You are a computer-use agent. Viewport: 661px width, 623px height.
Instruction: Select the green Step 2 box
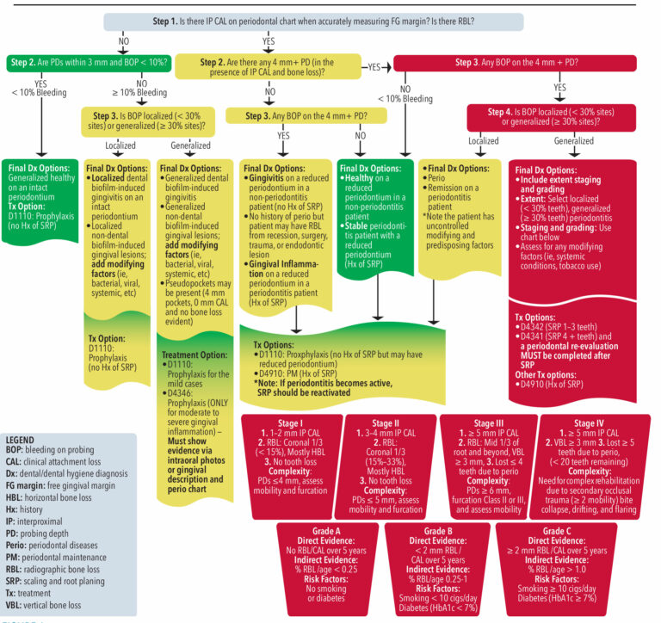tap(88, 63)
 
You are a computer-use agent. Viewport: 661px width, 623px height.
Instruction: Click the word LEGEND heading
tap(24, 440)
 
